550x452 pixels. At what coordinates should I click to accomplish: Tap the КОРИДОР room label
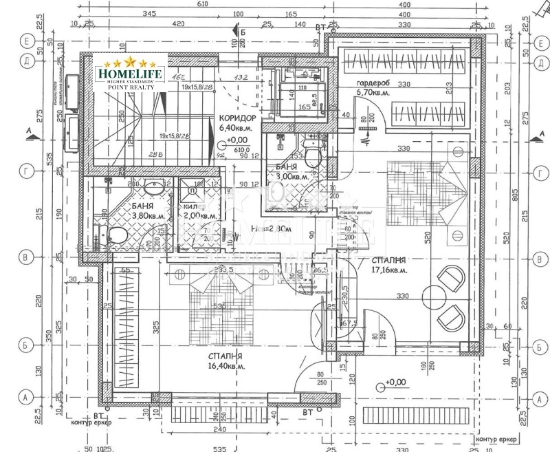point(237,118)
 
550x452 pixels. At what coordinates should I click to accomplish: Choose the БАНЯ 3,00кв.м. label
point(287,171)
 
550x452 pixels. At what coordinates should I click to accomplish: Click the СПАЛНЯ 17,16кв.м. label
point(390,266)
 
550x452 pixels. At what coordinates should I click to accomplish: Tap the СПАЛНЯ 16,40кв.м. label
point(225,361)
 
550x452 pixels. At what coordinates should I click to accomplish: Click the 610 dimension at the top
point(201,4)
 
